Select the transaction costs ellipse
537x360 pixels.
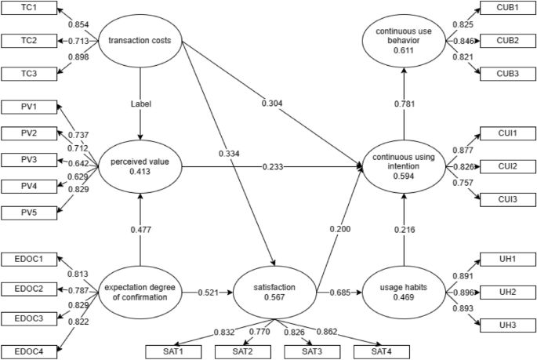140,40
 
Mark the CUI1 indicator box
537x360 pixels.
507,133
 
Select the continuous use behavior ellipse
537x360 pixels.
404,40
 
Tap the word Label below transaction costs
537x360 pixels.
140,102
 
